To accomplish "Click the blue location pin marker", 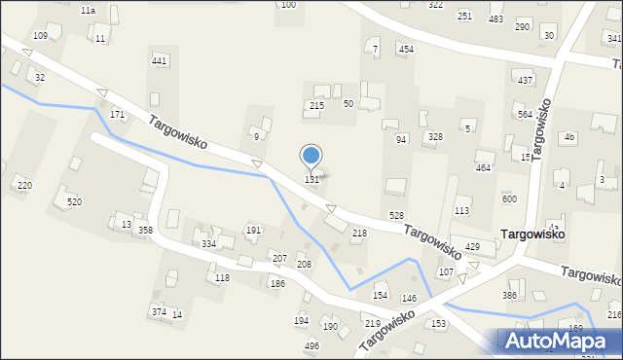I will tap(311, 156).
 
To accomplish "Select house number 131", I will tap(312, 180).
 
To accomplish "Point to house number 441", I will tap(160, 61).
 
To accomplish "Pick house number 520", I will tap(74, 201).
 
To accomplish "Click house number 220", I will tap(24, 186).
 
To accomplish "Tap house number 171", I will tap(117, 115).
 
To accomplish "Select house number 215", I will tap(316, 105).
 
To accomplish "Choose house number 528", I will tap(396, 215).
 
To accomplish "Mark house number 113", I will tap(462, 210).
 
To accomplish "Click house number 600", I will tap(509, 198).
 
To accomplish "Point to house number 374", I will tap(159, 311).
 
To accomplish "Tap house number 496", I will tap(311, 345).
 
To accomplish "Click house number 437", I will tap(526, 80).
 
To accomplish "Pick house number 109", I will tap(40, 36).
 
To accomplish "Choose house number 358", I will tap(145, 231).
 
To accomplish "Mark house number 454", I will tap(406, 49).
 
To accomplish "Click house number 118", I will tap(222, 279).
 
